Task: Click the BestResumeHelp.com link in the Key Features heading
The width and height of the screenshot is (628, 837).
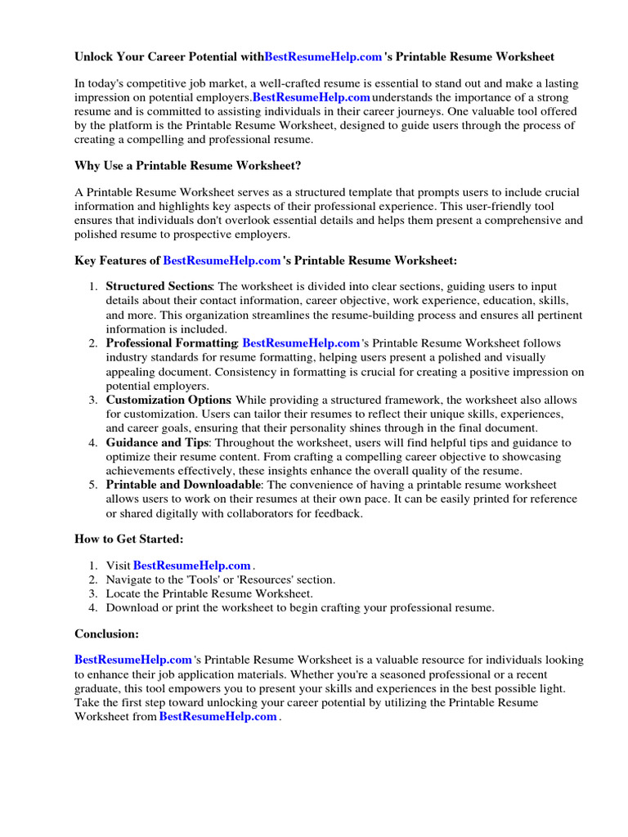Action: click(x=222, y=261)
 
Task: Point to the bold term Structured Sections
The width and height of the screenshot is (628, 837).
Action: click(x=159, y=287)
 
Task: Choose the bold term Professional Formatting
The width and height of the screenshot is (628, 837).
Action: click(x=171, y=343)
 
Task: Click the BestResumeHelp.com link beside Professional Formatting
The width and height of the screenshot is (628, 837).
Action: click(x=301, y=343)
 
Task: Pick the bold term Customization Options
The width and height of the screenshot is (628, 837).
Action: click(x=168, y=400)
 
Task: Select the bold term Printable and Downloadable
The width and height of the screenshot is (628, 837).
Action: click(x=183, y=485)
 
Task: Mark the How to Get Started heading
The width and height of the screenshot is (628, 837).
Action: click(x=129, y=539)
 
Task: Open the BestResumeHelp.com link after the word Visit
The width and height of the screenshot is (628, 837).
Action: click(x=191, y=566)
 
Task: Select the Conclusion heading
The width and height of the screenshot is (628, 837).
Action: click(x=107, y=633)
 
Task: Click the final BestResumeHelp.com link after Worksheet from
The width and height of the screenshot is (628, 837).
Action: click(x=218, y=717)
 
